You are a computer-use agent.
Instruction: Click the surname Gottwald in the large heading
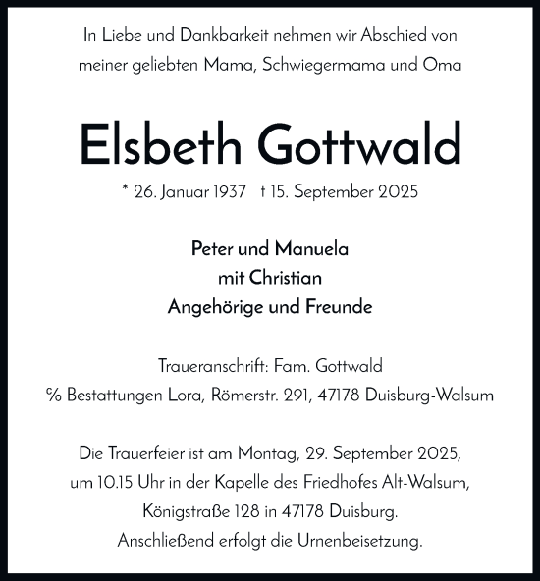(x=359, y=146)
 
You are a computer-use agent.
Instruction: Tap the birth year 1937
(x=227, y=191)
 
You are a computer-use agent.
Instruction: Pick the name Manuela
(x=313, y=249)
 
